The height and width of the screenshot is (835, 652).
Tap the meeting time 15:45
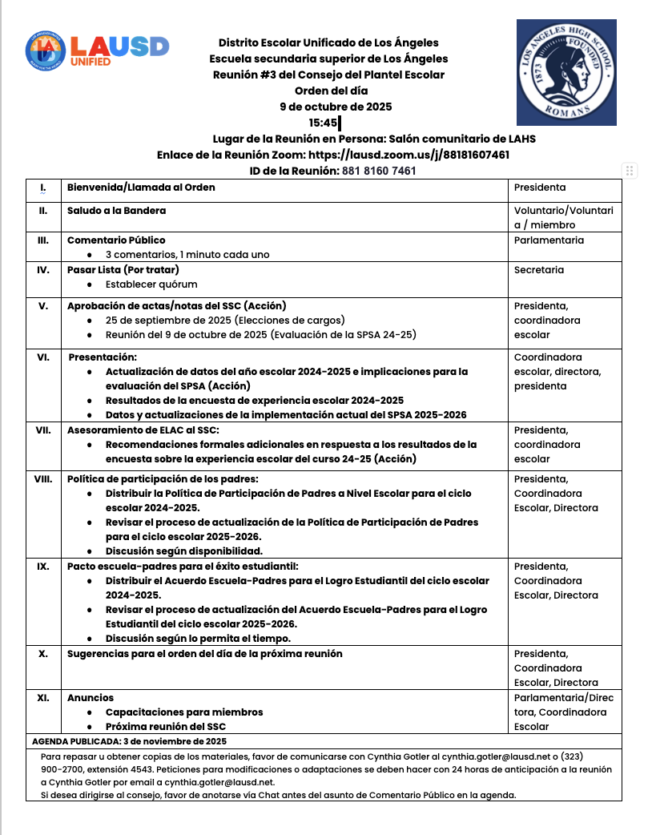[x=324, y=123]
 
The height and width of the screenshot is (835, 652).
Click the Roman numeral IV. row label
[x=43, y=270]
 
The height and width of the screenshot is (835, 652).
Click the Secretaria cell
[x=539, y=270]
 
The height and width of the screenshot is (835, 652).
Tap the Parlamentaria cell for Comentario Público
[x=549, y=240]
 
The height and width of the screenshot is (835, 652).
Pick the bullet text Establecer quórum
[x=151, y=284]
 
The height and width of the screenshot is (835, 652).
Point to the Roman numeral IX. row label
[x=43, y=566]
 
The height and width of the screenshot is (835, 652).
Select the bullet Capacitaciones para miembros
[x=184, y=712]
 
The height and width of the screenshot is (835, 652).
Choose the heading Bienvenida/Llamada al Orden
[x=141, y=188]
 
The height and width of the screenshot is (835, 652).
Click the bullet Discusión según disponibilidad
[x=184, y=551]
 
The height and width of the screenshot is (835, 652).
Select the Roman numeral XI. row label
[x=43, y=697]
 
